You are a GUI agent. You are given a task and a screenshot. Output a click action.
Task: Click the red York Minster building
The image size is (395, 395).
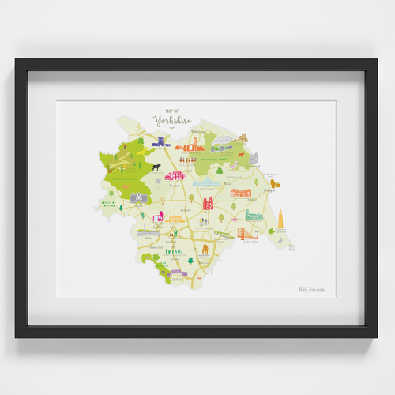coord(209,203)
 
